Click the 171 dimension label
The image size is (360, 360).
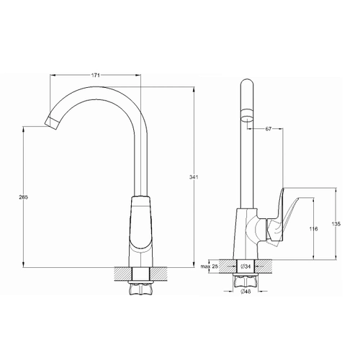[95, 76]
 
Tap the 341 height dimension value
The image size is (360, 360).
[194, 177]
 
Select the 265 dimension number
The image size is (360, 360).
[24, 197]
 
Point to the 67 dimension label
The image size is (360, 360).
[269, 129]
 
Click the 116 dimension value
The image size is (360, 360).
[313, 229]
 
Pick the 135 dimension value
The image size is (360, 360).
[336, 224]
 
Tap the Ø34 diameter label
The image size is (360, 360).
[246, 266]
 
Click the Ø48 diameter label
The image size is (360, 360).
[246, 292]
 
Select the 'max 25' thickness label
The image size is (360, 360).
[210, 266]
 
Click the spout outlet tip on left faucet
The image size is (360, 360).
[52, 122]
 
